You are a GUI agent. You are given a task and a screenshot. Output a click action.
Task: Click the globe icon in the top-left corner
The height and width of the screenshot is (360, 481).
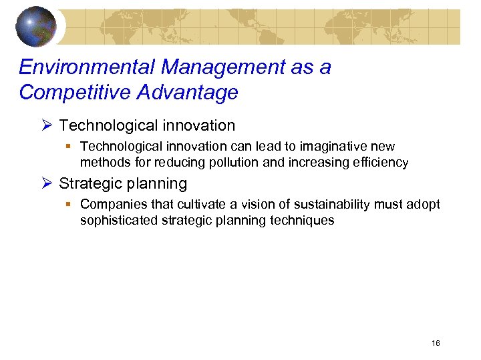(37, 27)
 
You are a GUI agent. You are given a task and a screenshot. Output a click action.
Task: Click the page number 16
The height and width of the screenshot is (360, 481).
(436, 343)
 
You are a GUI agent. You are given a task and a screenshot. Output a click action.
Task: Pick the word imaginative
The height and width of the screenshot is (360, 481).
(330, 146)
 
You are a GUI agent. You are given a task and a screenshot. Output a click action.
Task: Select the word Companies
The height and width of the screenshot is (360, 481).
(109, 204)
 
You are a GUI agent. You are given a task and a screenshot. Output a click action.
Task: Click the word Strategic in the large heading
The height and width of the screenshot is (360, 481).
(89, 183)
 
